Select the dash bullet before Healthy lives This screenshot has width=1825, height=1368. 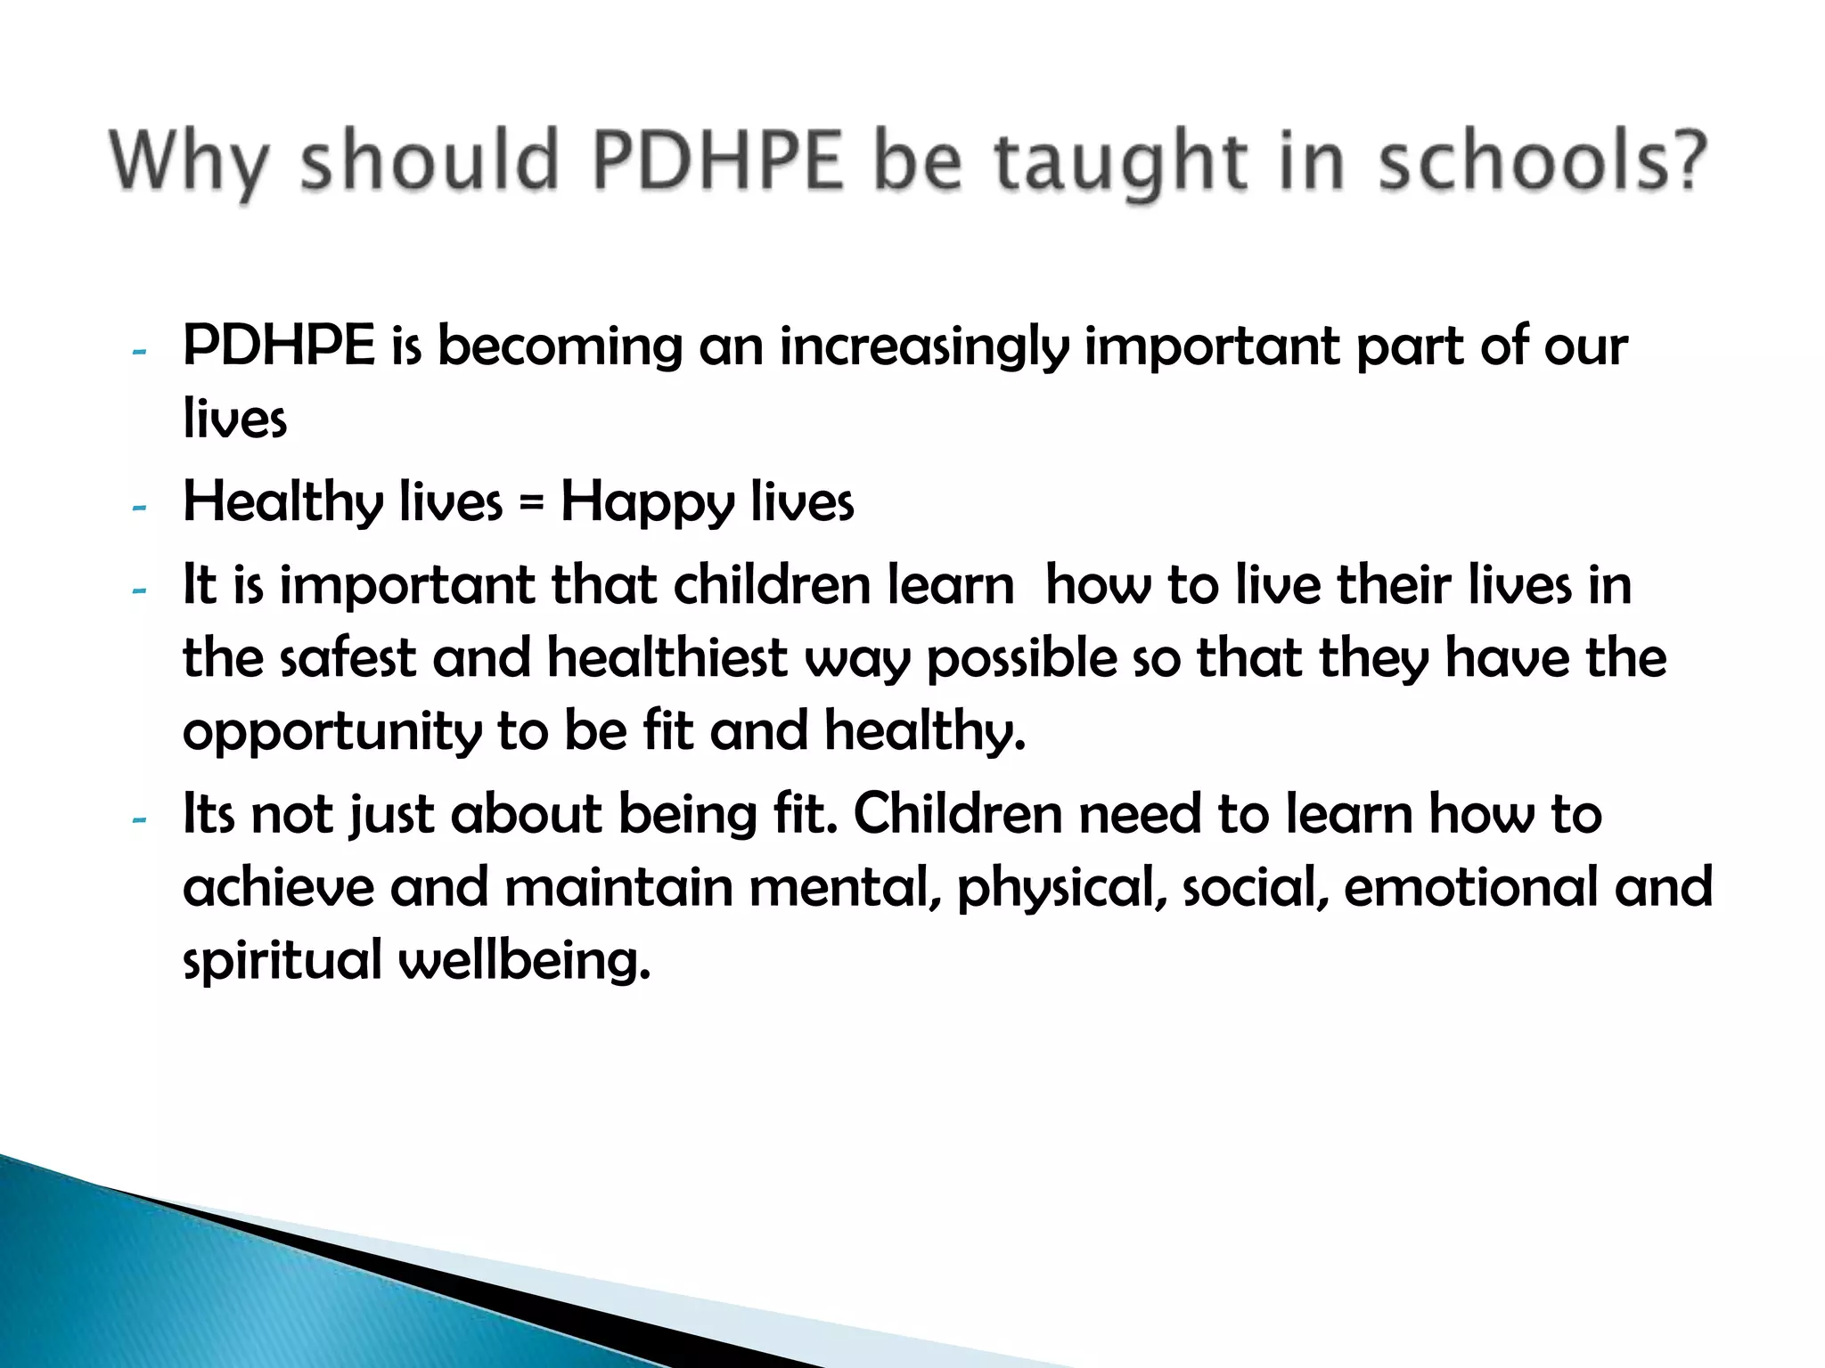pyautogui.click(x=138, y=508)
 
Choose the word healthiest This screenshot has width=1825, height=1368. pyautogui.click(x=667, y=659)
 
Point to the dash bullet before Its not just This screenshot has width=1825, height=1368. pyautogui.click(x=138, y=819)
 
